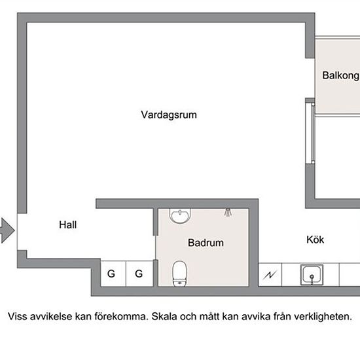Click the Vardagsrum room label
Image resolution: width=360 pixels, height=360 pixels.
point(168,115)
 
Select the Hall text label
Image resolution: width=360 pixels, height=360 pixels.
point(68,225)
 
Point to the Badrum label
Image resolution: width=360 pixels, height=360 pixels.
point(206,243)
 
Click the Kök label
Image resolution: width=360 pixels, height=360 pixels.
point(315,240)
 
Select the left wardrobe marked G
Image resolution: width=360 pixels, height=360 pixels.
point(111,274)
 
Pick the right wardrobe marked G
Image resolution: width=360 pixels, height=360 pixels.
point(139,274)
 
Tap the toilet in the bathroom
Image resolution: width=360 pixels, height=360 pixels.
point(179,273)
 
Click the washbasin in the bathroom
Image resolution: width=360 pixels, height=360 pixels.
point(179,215)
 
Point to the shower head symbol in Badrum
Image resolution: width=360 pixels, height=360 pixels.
point(227,212)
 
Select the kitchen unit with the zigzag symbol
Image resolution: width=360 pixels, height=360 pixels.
point(270,275)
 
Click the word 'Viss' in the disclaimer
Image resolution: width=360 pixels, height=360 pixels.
point(18,317)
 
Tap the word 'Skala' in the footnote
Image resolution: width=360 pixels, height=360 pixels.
point(164,317)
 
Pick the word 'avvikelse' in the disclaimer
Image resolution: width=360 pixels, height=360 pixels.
point(52,317)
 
